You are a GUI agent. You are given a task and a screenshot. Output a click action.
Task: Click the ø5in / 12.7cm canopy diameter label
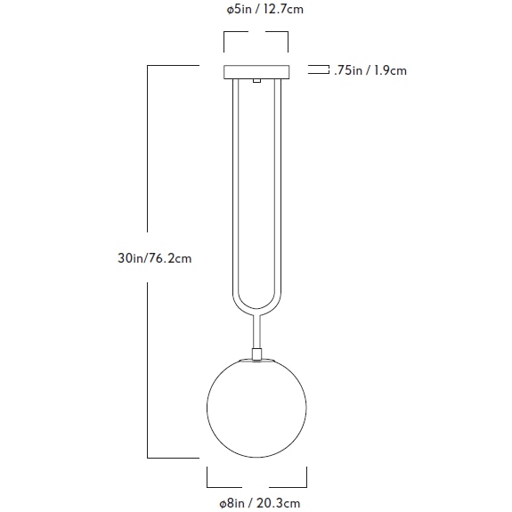(256, 11)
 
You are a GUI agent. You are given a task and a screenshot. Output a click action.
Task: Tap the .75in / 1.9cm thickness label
(370, 70)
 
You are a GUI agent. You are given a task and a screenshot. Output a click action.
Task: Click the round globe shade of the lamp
(256, 408)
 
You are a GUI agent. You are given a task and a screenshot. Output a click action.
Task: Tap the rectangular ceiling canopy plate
(256, 71)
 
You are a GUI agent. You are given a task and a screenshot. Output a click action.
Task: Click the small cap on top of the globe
(256, 354)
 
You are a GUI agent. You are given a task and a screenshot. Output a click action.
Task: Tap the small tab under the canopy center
(256, 82)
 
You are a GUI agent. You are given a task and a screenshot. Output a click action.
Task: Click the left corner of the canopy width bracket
(223, 35)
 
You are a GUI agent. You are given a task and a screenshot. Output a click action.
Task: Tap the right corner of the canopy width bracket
(289, 35)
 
